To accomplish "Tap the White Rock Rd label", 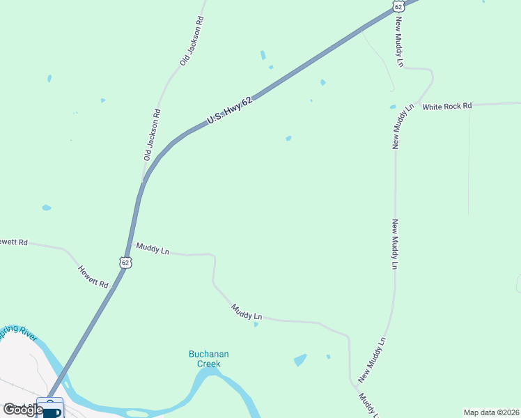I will coord(447,106).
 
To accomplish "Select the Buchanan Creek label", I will coord(208,359).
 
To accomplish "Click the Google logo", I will coord(22,410).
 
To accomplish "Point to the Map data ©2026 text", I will coord(490,412).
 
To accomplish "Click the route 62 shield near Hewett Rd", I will coord(125,262).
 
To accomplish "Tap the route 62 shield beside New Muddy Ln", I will coord(398,6).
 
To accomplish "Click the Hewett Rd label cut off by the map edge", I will coord(13,242).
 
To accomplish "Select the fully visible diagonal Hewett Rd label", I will coord(93,277).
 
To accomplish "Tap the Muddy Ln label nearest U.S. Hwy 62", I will coord(153,248).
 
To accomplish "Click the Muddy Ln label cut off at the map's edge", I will coord(366,405).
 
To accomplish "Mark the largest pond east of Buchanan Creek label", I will coord(300,360).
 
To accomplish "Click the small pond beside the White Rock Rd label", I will coord(393,107).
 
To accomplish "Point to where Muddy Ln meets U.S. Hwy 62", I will coord(130,244).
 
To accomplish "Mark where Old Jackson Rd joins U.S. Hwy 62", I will coord(143,181).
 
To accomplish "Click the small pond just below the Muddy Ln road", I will coord(256,324).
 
